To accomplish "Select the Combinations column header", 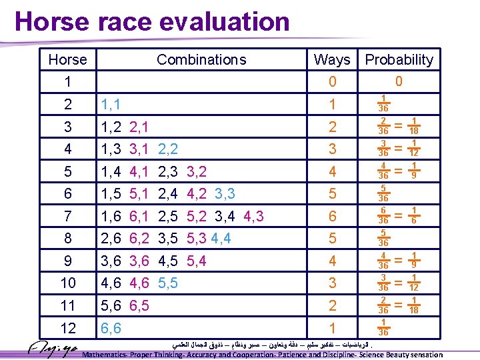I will click(201, 60).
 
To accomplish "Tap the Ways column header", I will click(331, 60).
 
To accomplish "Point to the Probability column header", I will click(399, 60).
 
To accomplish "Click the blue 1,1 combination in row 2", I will click(110, 104).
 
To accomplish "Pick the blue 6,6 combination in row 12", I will click(110, 328).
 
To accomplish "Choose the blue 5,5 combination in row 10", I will click(168, 283).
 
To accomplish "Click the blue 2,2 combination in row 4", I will click(168, 149).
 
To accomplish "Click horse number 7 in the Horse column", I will click(67, 216).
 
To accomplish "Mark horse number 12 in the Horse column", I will click(67, 328).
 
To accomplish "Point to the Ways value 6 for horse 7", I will click(332, 216).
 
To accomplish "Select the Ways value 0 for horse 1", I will click(332, 82).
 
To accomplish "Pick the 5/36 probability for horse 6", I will click(384, 193).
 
